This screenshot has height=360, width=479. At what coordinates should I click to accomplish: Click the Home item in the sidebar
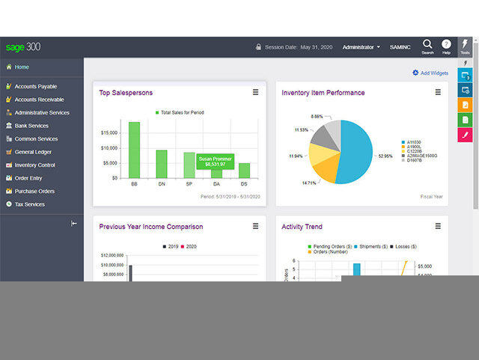[21, 67]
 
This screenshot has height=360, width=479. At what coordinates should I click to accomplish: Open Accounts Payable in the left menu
[35, 87]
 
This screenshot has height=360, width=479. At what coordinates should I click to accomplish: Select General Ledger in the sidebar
[33, 152]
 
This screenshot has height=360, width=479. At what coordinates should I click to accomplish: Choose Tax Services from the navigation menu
[29, 204]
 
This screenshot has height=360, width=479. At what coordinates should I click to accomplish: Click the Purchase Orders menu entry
[34, 191]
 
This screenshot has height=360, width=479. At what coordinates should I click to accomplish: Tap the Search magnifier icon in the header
[427, 45]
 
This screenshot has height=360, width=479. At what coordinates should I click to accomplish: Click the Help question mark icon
[446, 45]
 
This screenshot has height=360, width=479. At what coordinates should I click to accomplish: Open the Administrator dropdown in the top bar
[361, 47]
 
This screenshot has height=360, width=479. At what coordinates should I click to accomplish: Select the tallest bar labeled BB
[134, 150]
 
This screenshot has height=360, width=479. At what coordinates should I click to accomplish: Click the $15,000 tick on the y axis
[108, 132]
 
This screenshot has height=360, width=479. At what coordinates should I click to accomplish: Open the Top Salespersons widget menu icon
[255, 93]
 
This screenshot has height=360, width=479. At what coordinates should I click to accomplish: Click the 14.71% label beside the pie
[309, 183]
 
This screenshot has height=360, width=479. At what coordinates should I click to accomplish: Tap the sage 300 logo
[23, 47]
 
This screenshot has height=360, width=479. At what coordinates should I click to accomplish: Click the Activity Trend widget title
[302, 227]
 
